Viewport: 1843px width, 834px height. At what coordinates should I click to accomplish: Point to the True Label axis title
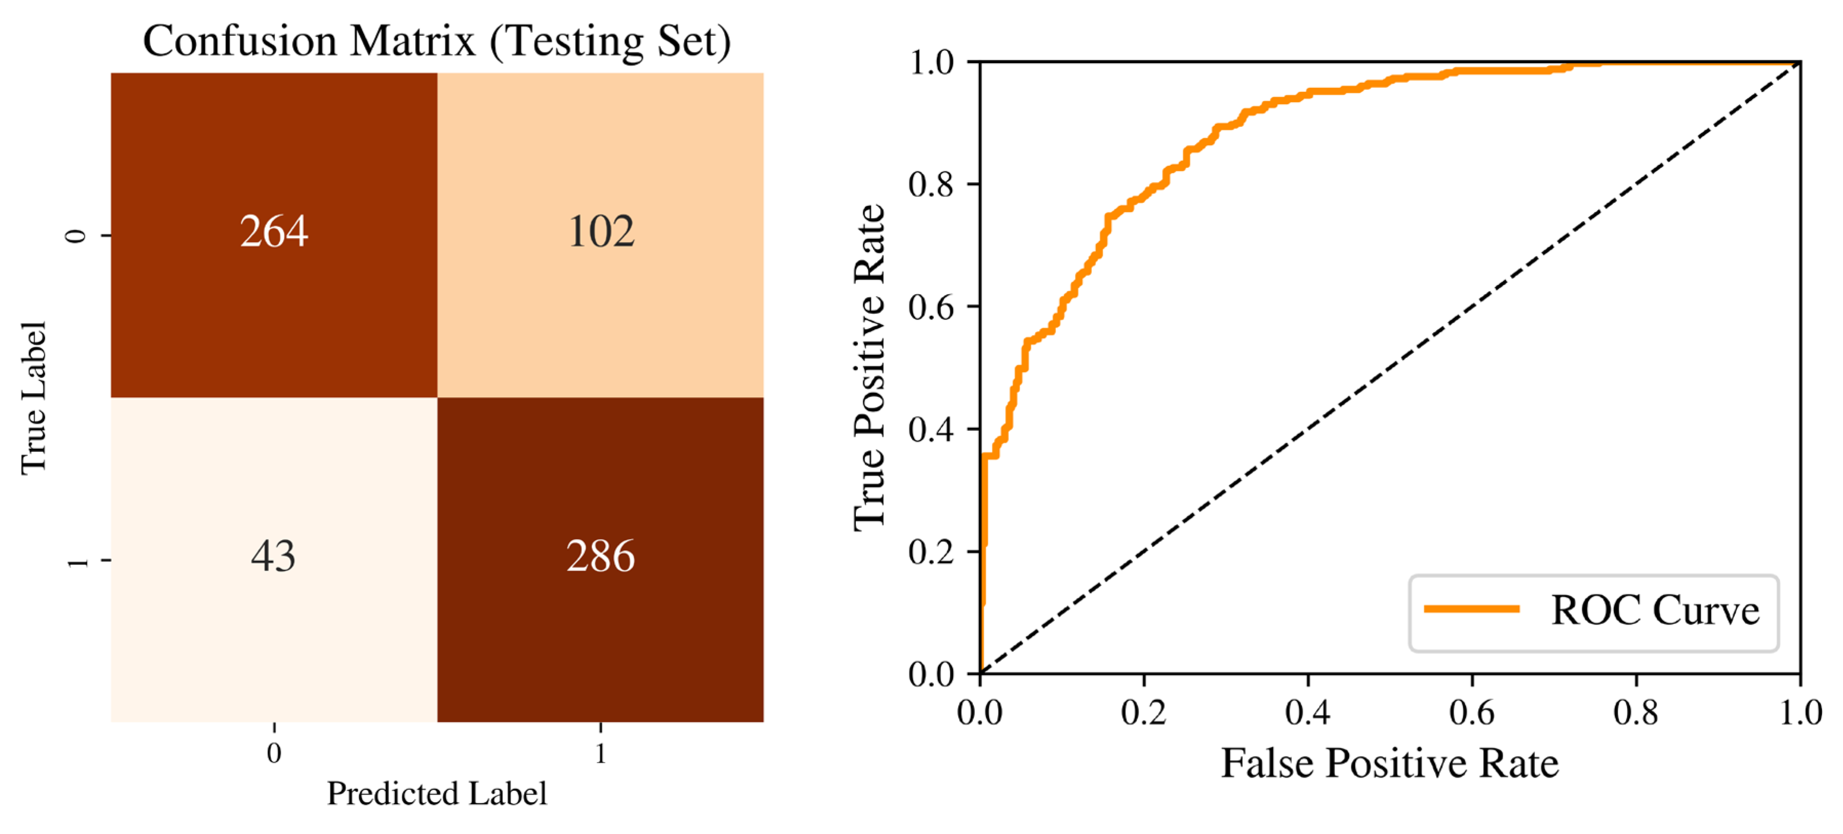click(x=34, y=398)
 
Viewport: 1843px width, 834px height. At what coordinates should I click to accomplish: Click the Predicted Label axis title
click(x=437, y=793)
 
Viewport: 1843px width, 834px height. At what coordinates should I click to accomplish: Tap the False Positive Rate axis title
click(x=1389, y=763)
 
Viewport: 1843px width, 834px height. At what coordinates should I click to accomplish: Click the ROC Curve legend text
click(x=1655, y=611)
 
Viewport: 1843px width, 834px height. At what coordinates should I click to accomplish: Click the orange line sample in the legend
click(x=1472, y=609)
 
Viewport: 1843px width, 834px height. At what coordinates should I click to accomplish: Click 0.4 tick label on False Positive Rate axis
click(x=1308, y=713)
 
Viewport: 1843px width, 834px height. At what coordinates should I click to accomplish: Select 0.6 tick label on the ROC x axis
click(x=1472, y=713)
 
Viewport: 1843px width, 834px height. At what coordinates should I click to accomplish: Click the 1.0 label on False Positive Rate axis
click(x=1800, y=713)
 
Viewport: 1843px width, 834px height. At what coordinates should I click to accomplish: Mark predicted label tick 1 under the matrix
click(x=600, y=753)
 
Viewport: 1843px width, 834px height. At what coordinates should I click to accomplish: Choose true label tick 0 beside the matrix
click(x=76, y=236)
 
